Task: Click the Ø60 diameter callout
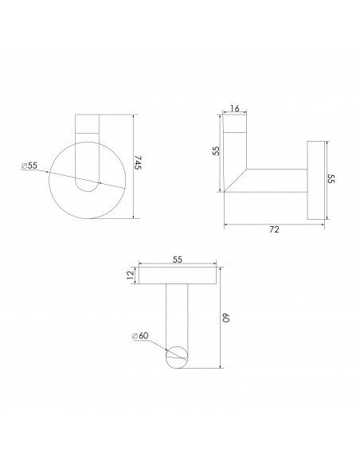(x=141, y=336)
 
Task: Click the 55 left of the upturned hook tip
(x=215, y=151)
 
